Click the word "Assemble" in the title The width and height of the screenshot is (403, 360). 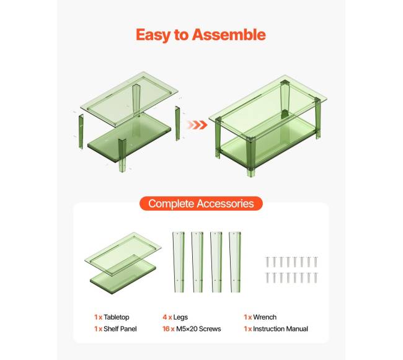tap(229, 35)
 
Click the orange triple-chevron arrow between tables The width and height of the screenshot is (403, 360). tap(197, 125)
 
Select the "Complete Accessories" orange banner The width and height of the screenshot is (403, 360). tap(201, 204)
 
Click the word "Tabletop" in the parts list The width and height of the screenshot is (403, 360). tap(117, 317)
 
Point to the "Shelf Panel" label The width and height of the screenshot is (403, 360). tap(120, 329)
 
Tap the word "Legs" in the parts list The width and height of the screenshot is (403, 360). tap(180, 317)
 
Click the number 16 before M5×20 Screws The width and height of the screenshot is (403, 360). tap(166, 329)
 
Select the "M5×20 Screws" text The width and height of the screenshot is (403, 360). tap(198, 329)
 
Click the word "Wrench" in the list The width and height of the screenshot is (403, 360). tap(265, 317)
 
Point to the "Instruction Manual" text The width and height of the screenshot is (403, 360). tap(280, 329)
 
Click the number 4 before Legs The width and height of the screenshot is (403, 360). tap(165, 317)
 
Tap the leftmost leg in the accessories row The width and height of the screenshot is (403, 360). tap(179, 262)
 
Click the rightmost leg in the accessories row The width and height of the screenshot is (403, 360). tap(235, 262)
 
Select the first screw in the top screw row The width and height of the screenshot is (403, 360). tap(267, 262)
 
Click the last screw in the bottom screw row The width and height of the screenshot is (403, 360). tap(316, 278)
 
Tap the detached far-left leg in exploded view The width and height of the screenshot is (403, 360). tap(81, 131)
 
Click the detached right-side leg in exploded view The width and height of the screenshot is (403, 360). tap(177, 123)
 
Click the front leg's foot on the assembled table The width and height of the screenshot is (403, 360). tap(251, 173)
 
